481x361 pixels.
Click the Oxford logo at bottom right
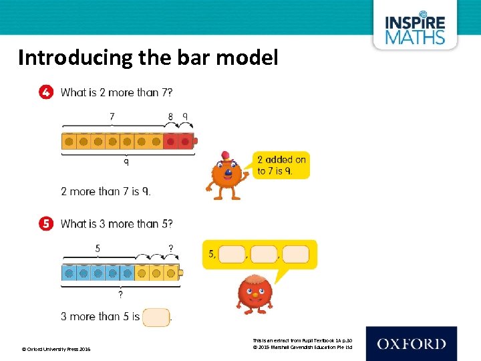411,344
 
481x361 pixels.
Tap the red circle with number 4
45,93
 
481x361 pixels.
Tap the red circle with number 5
45,224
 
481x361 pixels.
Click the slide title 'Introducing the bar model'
148,58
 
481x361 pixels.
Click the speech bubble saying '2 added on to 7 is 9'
282,165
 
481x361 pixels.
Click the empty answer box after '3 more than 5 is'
156,316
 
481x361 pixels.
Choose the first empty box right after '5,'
232,255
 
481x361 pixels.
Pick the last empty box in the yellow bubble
295,255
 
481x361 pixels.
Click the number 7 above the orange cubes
112,116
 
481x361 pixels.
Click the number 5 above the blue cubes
98,248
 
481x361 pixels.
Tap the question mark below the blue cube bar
120,294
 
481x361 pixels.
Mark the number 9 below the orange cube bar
126,162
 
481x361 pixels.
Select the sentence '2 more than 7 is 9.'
106,191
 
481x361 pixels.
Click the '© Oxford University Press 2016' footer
57,349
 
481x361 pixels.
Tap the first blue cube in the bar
68,273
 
